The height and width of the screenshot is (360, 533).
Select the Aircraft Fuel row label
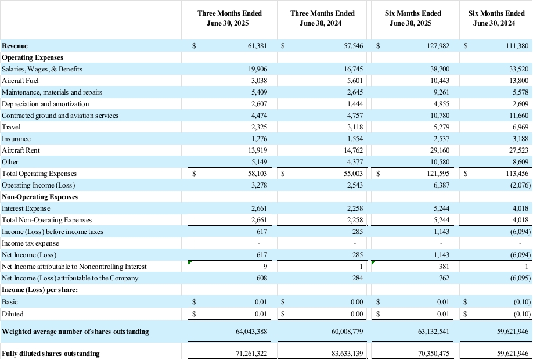(20, 81)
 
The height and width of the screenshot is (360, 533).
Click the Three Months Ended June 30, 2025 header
(229, 18)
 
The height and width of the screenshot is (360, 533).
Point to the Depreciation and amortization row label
(45, 104)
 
